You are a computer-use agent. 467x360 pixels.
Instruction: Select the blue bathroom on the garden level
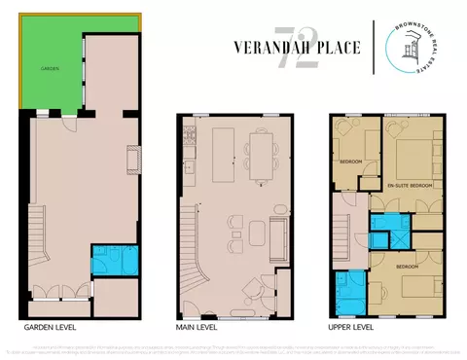pos(114,260)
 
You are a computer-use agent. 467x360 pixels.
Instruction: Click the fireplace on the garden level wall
pos(133,158)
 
